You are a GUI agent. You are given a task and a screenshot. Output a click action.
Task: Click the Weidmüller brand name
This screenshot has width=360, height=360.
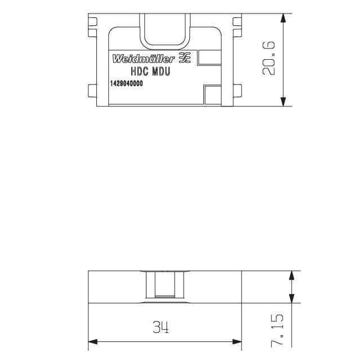tap(144, 59)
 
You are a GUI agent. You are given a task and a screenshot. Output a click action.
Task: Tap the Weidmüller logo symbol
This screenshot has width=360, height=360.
tap(185, 57)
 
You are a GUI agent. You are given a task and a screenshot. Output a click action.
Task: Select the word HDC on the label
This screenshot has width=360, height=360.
tap(139, 71)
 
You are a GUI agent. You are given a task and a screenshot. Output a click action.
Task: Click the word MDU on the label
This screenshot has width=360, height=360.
tap(161, 71)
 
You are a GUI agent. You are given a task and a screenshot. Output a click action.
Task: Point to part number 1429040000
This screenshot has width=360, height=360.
tap(126, 83)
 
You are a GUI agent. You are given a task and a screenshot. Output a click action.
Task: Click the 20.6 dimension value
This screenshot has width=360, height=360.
tap(268, 59)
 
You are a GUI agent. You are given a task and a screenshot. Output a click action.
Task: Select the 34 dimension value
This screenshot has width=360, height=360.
tap(161, 327)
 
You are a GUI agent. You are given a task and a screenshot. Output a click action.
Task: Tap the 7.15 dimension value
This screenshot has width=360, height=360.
tap(277, 330)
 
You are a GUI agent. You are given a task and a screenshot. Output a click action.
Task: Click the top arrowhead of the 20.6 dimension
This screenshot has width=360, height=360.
tap(283, 18)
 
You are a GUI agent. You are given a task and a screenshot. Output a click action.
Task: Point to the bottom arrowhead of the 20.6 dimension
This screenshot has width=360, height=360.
tap(283, 102)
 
